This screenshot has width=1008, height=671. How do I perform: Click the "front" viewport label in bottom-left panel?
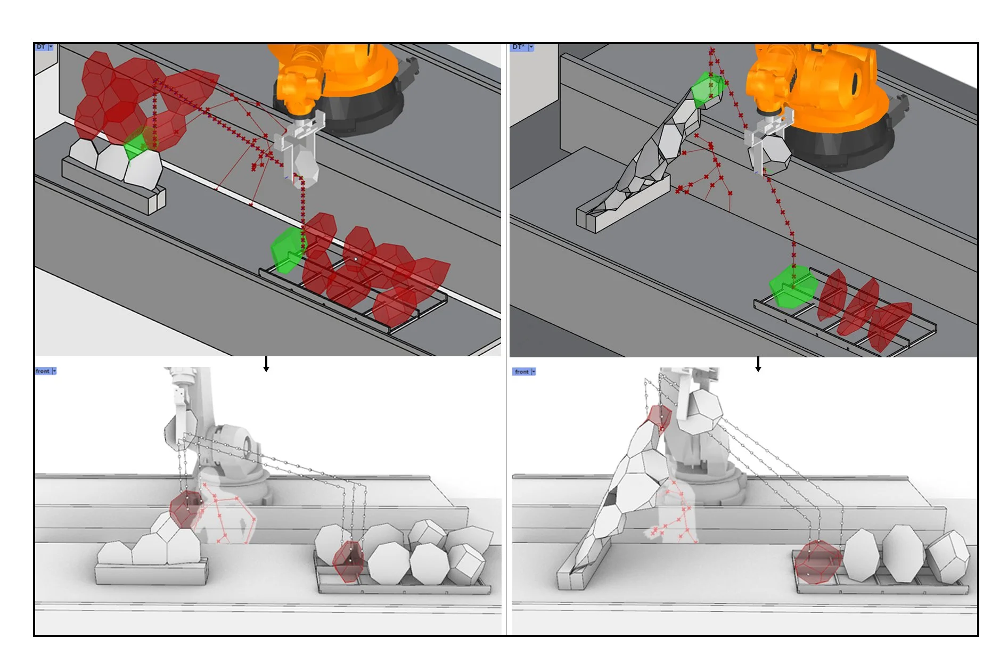point(43,371)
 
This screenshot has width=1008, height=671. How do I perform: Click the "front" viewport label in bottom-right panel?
point(522,372)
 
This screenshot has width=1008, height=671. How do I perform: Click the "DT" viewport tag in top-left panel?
point(41,47)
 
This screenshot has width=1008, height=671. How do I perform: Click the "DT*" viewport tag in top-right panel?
point(519,47)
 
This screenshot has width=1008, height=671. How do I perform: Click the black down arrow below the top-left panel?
point(266,365)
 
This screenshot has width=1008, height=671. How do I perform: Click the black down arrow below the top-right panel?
point(758,365)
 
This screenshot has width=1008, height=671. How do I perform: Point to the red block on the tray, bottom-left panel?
point(349,561)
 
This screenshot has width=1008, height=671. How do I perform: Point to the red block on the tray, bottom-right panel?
point(817,562)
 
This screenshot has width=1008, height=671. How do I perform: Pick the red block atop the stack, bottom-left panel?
point(186,509)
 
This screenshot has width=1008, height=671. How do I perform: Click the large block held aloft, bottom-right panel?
point(700,411)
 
